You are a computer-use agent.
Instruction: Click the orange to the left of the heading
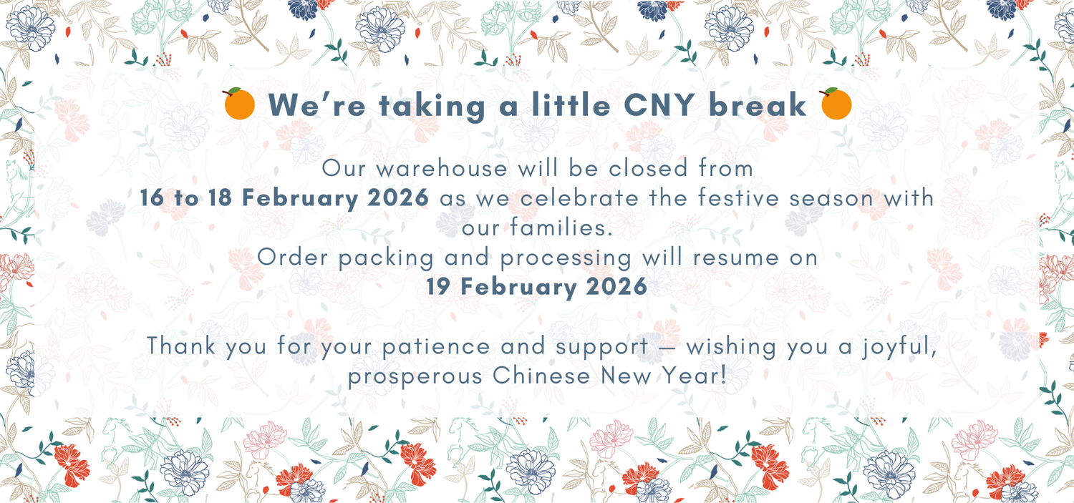[x=239, y=104]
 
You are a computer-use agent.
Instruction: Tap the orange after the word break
[x=836, y=104]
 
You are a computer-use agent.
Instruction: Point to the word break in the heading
[x=758, y=105]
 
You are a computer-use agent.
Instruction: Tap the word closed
[x=648, y=168]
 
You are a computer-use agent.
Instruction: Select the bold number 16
[x=153, y=198]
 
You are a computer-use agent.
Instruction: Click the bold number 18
[x=220, y=198]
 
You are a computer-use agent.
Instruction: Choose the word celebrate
[x=579, y=198]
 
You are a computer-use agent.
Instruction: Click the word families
[x=561, y=228]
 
